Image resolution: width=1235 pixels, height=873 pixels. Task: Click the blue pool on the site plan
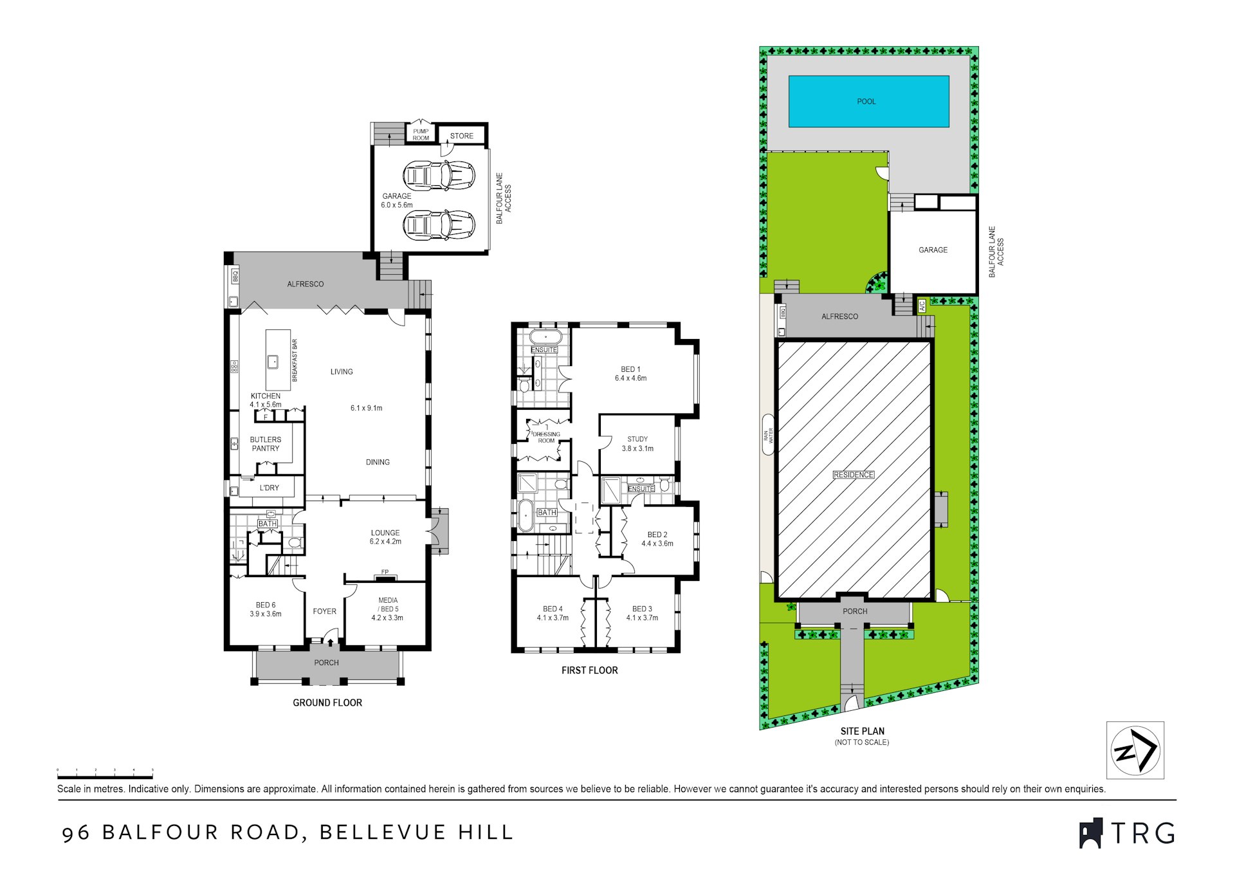pyautogui.click(x=868, y=101)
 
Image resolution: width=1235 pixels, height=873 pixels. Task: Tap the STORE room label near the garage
pyautogui.click(x=461, y=136)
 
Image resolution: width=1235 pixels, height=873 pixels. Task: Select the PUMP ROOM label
pyautogui.click(x=421, y=134)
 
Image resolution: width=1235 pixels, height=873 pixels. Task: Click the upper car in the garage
pyautogui.click(x=439, y=176)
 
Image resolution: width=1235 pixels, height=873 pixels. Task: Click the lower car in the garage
pyautogui.click(x=439, y=226)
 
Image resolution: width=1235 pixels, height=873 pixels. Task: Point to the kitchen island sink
pyautogui.click(x=273, y=362)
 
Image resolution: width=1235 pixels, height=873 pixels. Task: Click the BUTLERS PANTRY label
pyautogui.click(x=265, y=444)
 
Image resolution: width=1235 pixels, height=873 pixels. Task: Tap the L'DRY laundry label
pyautogui.click(x=270, y=488)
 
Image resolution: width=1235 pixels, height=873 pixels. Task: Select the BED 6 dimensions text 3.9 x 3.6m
pyautogui.click(x=266, y=614)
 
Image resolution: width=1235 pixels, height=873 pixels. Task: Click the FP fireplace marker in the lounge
pyautogui.click(x=385, y=572)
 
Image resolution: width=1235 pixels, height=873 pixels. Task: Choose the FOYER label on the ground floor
pyautogui.click(x=324, y=611)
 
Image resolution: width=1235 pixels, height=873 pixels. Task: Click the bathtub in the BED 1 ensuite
pyautogui.click(x=545, y=337)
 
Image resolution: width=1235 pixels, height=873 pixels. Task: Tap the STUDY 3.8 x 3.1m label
pyautogui.click(x=637, y=444)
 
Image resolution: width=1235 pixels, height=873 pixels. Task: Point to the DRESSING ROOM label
pyautogui.click(x=546, y=437)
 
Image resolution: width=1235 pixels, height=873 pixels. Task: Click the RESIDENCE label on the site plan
pyautogui.click(x=854, y=475)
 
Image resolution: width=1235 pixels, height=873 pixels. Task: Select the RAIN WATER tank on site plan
pyautogui.click(x=768, y=436)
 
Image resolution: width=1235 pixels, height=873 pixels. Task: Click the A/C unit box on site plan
pyautogui.click(x=921, y=306)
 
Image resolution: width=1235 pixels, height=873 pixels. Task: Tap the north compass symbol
pyautogui.click(x=1135, y=750)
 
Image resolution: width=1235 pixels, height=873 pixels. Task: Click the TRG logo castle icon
pyautogui.click(x=1090, y=834)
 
